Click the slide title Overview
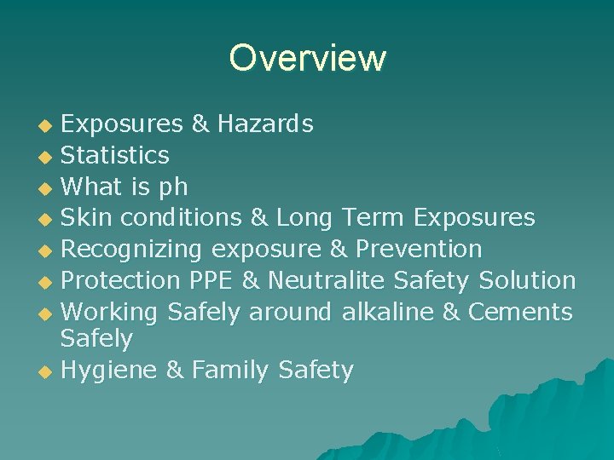[307, 58]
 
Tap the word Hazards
[265, 124]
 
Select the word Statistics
[115, 155]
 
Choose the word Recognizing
[131, 250]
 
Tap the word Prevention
[419, 249]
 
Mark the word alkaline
[389, 311]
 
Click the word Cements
[520, 311]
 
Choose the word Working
[110, 312]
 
